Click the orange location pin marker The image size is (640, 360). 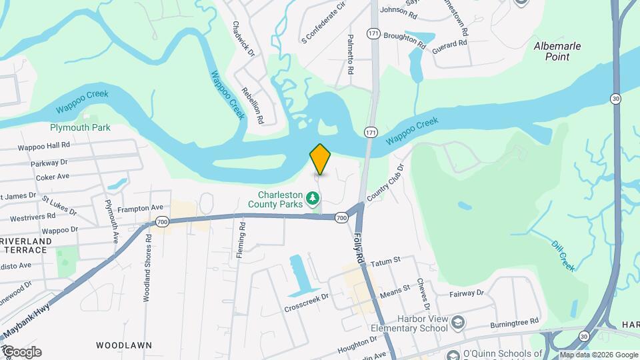coord(321,159)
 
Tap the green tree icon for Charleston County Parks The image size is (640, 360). coord(312,197)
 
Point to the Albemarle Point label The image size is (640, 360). coord(557,51)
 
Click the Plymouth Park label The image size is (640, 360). coord(80,127)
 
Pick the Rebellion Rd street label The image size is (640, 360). coord(253,105)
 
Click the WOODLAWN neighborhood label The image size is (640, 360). coord(123,345)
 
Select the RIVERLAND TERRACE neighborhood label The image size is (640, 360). coord(25,245)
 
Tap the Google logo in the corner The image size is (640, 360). coord(21,352)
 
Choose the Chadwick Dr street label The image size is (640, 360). coord(243,38)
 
